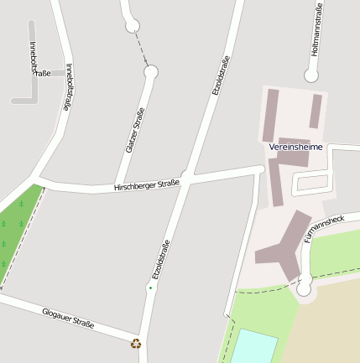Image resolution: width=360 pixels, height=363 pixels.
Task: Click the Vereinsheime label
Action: coord(295,147)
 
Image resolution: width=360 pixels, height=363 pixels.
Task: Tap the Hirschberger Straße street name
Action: coord(147,186)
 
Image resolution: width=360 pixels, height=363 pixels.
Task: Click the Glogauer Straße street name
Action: coord(68,318)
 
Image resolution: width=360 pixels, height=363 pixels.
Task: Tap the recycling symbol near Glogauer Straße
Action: coord(136,342)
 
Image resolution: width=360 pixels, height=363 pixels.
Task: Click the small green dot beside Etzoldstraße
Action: coord(151,288)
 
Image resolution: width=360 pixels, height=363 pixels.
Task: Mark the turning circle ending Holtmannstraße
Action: coord(311,75)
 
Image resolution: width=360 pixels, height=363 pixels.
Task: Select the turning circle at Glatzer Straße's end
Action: coord(150,73)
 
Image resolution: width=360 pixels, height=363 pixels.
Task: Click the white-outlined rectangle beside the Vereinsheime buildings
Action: coord(310,183)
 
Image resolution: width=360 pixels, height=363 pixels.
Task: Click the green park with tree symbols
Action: coord(17,226)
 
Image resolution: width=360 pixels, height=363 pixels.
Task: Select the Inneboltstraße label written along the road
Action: coord(70,88)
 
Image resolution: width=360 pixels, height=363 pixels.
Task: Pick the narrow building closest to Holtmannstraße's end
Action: coord(316,111)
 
